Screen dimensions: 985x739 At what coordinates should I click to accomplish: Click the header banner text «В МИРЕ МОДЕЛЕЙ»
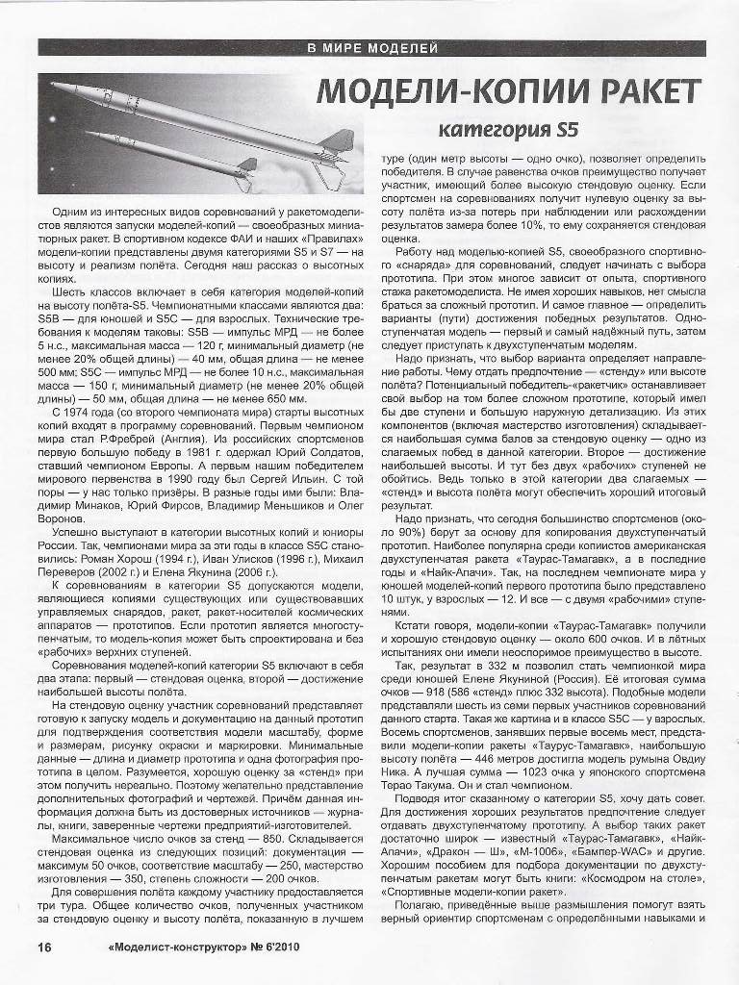coord(371,47)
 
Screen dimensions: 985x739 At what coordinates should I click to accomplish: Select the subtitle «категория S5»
coord(509,129)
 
